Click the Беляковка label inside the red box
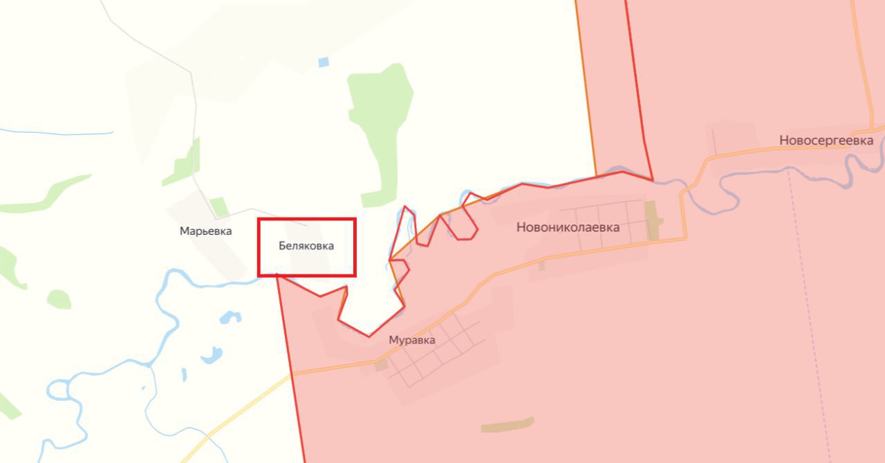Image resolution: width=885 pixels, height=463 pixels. (x=306, y=246)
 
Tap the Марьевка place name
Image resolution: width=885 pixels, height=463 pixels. (x=205, y=231)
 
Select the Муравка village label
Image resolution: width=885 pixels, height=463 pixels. (x=412, y=340)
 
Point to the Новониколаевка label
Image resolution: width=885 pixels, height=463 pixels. (x=568, y=227)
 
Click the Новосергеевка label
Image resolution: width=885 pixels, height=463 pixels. (x=826, y=140)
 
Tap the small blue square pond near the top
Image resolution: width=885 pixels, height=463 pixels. (x=324, y=62)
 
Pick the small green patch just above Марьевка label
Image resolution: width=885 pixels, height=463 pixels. (x=219, y=206)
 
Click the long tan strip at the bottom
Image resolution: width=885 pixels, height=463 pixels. (x=507, y=424)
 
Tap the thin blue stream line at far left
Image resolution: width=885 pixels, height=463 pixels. (x=55, y=132)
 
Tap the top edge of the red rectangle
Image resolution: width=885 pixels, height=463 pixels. (x=306, y=220)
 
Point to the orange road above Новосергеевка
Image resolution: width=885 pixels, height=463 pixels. (x=862, y=62)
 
